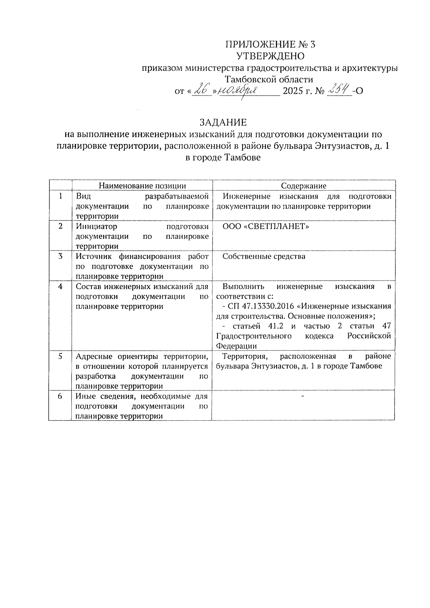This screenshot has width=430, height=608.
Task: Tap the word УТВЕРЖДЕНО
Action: (x=271, y=56)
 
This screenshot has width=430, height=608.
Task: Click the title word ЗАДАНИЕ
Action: (x=223, y=123)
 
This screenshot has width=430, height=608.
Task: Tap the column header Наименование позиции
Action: (x=142, y=186)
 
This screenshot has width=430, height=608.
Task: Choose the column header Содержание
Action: (x=304, y=186)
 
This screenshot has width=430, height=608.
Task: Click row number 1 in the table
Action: (x=60, y=196)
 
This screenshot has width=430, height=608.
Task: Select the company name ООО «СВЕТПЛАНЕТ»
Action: (x=266, y=226)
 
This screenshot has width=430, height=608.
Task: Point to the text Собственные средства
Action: (x=264, y=257)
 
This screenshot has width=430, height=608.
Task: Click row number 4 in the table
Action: (x=60, y=287)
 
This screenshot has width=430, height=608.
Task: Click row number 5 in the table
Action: (x=60, y=356)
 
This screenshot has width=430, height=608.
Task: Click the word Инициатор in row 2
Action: (x=96, y=226)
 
